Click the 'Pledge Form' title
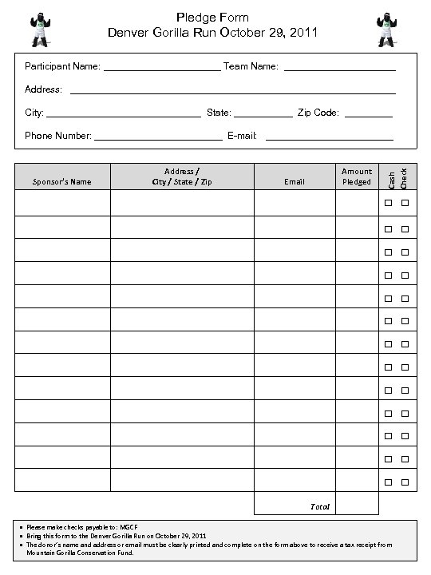tap(212, 17)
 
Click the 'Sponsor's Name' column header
tap(61, 182)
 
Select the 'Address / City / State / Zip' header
tap(182, 176)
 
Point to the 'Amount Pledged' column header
tap(356, 176)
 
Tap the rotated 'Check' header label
tap(404, 177)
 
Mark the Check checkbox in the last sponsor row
tap(405, 482)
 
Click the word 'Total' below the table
tap(319, 506)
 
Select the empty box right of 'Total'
tap(356, 504)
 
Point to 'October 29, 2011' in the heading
tap(268, 33)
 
